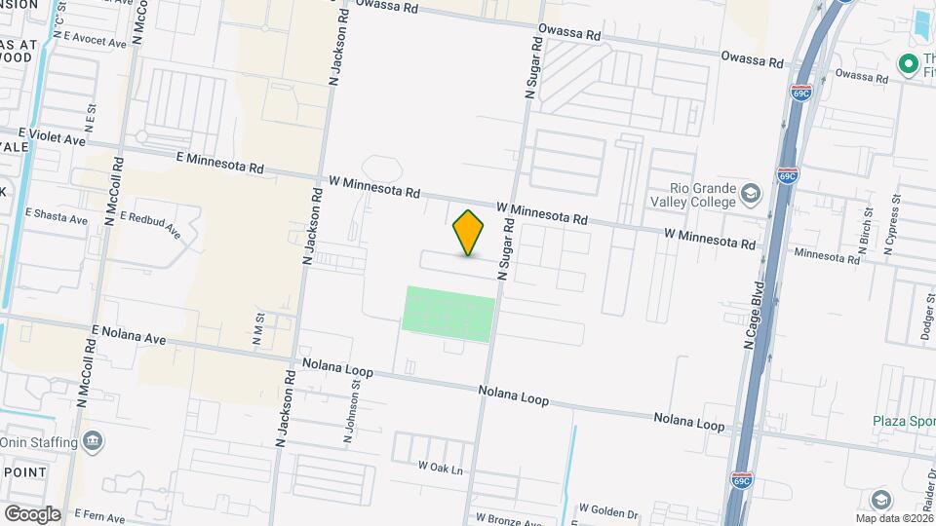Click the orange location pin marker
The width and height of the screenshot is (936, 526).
click(469, 233)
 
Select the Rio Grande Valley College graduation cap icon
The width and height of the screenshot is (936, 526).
click(750, 194)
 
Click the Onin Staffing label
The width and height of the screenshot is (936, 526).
click(38, 442)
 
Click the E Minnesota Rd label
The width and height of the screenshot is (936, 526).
click(220, 162)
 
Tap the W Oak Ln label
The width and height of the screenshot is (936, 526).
click(440, 469)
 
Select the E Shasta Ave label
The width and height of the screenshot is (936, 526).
click(56, 215)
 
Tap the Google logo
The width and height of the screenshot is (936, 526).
click(32, 514)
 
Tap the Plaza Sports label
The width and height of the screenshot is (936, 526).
click(903, 422)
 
